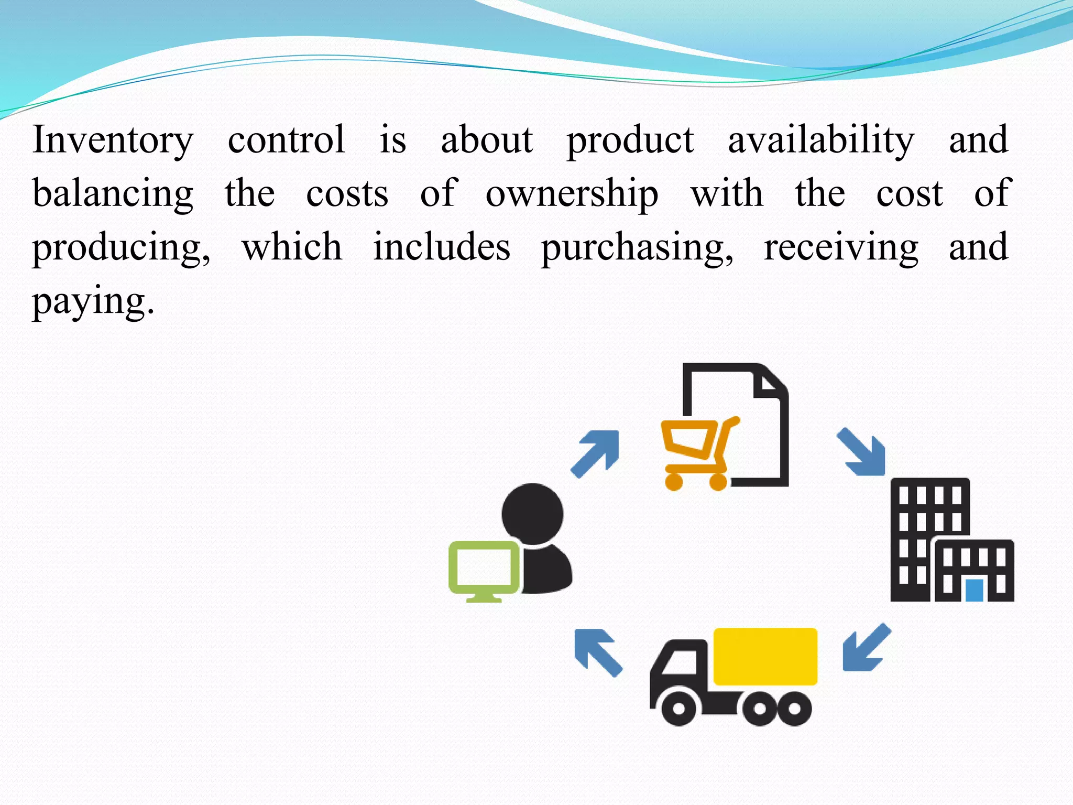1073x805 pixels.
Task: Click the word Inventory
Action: click(x=113, y=140)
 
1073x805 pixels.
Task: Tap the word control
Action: click(x=286, y=140)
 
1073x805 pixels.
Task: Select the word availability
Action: click(x=821, y=140)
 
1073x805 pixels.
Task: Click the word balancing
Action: click(x=113, y=194)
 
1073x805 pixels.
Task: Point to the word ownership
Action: click(x=572, y=194)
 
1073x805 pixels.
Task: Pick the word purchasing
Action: click(x=637, y=247)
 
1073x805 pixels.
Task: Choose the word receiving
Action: click(x=840, y=247)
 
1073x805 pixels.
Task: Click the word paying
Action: click(x=93, y=301)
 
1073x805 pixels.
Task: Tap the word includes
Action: click(x=441, y=247)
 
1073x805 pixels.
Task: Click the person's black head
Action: click(x=532, y=514)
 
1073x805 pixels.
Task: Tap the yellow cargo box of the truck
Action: click(x=765, y=656)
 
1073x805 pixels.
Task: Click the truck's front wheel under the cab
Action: click(x=679, y=709)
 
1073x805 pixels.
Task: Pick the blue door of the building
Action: click(x=974, y=590)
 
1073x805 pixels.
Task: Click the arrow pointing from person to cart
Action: click(x=596, y=453)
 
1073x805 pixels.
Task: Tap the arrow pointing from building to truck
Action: click(x=865, y=648)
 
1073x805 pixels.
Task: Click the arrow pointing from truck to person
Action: click(x=597, y=651)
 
